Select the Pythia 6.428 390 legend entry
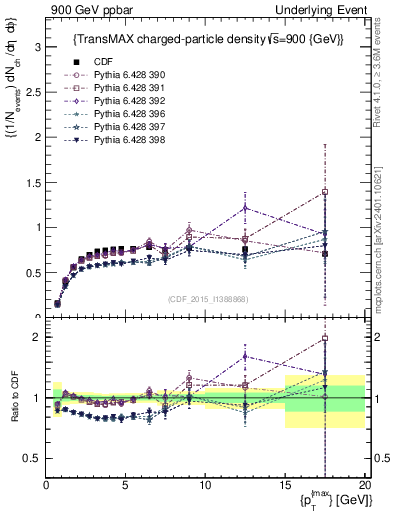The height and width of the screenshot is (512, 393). pos(110,74)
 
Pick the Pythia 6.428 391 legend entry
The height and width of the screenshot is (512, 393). pos(110,87)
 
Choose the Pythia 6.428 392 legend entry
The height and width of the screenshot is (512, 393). pos(110,100)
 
